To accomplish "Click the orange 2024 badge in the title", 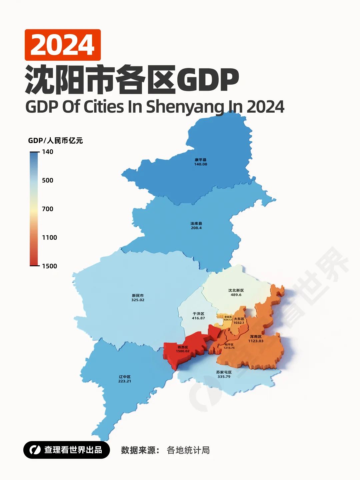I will pyautogui.click(x=63, y=45).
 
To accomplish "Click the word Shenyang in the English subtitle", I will pyautogui.click(x=185, y=107).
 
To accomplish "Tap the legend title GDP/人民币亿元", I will pyautogui.click(x=55, y=141).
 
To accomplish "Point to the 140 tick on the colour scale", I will pyautogui.click(x=47, y=152).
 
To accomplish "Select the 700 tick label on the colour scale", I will pyautogui.click(x=47, y=209).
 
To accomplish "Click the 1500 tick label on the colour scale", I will pyautogui.click(x=49, y=266).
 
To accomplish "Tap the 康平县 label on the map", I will pyautogui.click(x=201, y=160).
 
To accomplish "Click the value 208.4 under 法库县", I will pyautogui.click(x=196, y=228).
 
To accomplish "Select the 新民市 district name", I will pyautogui.click(x=138, y=296).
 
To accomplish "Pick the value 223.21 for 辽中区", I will pyautogui.click(x=125, y=381).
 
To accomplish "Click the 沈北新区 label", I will pyautogui.click(x=236, y=290).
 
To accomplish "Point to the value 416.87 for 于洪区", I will pyautogui.click(x=198, y=318).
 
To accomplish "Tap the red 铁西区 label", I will pyautogui.click(x=183, y=347).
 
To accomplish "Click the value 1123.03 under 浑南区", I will pyautogui.click(x=256, y=341).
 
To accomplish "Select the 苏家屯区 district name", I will pyautogui.click(x=224, y=372).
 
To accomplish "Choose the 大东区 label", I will pyautogui.click(x=239, y=319).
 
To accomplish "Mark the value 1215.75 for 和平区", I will pyautogui.click(x=229, y=348).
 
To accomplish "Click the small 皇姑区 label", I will pyautogui.click(x=228, y=317).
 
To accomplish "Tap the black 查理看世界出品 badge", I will pyautogui.click(x=67, y=450).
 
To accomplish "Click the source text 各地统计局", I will pyautogui.click(x=188, y=450).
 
